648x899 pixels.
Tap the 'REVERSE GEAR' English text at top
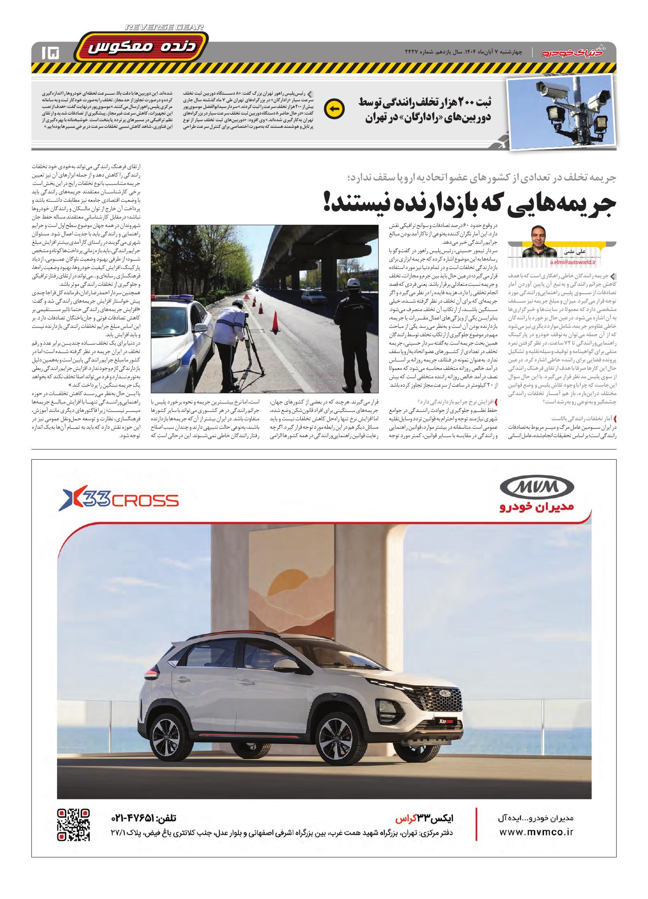click(165, 27)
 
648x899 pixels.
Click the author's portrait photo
click(539, 242)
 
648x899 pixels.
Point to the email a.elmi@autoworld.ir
click(573, 262)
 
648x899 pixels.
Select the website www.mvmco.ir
click(536, 832)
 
